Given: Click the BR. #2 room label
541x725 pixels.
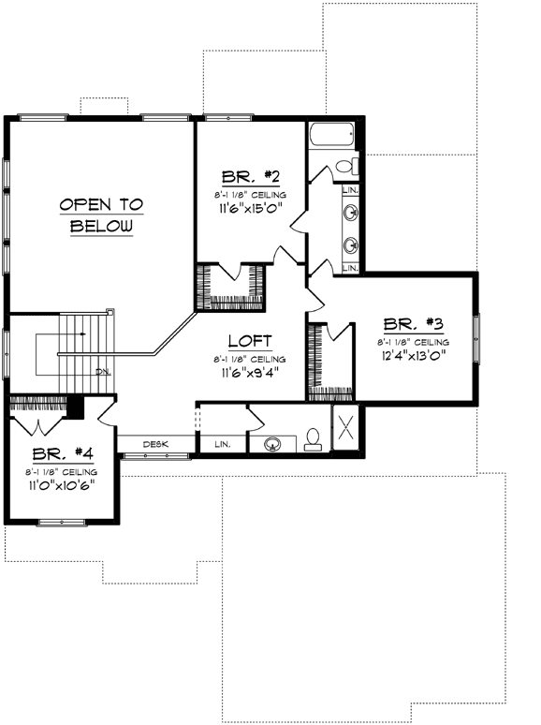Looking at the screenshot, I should [247, 177].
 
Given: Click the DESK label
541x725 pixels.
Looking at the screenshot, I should [155, 443].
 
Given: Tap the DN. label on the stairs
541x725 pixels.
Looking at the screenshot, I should [103, 372].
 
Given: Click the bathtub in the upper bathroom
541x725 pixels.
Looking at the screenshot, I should [330, 136].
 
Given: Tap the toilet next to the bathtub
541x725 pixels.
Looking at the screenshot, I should [345, 167].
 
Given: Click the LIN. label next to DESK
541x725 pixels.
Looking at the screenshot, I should [223, 443].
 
